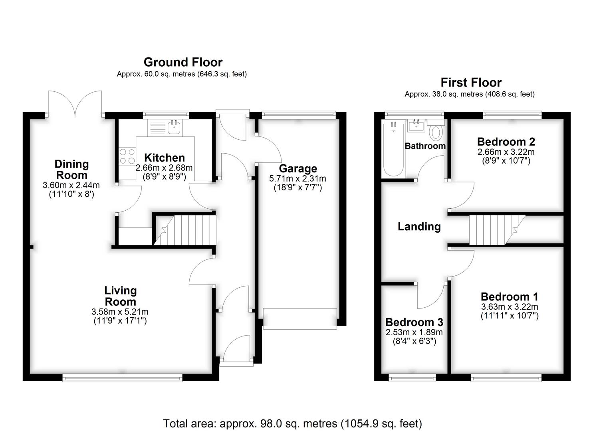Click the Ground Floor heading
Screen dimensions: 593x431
(x=183, y=62)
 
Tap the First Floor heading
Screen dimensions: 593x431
(x=471, y=83)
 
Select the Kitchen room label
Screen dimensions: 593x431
(x=165, y=158)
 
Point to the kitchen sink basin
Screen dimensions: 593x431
(x=175, y=127)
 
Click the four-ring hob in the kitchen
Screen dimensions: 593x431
(x=127, y=156)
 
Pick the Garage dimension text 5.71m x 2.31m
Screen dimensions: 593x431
(x=297, y=179)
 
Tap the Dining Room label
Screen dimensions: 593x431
(x=72, y=170)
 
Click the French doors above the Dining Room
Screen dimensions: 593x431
(x=75, y=104)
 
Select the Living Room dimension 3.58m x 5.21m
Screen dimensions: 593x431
(x=120, y=312)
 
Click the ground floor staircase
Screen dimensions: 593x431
(x=185, y=230)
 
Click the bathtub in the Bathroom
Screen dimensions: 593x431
(x=394, y=148)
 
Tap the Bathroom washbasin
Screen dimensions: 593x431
(x=416, y=125)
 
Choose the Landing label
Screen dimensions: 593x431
(x=419, y=227)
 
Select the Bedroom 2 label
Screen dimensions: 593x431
(x=506, y=142)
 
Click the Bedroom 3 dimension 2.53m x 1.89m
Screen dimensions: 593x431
(x=415, y=332)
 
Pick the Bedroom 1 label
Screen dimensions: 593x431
(x=510, y=297)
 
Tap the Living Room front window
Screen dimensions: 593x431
(x=122, y=378)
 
